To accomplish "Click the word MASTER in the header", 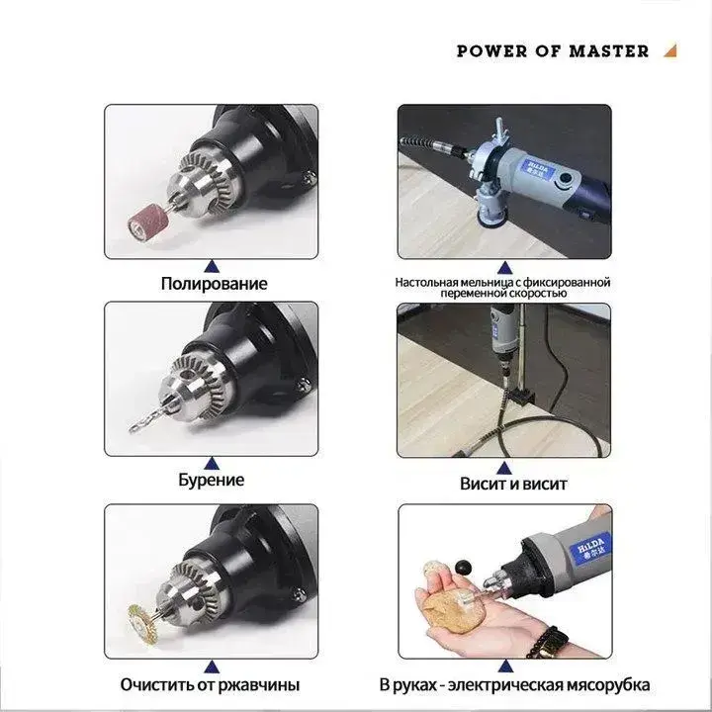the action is pos(609,50).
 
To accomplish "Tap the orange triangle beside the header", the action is pos(671,50).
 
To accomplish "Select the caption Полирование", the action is pos(214,284).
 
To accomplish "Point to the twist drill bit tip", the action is pos(132,428).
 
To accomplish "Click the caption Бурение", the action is pos(212,480).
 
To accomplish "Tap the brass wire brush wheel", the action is pos(142,624).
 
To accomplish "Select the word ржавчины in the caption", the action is pos(259,684).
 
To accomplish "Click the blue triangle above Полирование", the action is pos(212,267).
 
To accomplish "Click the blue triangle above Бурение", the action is pos(212,463).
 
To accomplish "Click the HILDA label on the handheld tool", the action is pos(591,548).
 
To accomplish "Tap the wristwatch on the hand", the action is pos(549,642).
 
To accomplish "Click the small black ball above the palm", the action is pos(463,568).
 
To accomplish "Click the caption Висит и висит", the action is pos(513,484).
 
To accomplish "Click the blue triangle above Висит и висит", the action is pos(504,468).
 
